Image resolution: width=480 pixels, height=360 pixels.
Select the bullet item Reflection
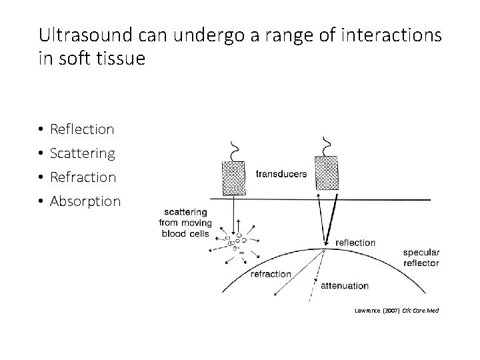coord(82,129)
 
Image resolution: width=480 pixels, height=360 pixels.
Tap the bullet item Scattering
coord(82,153)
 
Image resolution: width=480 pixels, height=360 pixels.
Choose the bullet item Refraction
coord(83,177)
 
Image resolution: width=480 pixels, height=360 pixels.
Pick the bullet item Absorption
coord(85,201)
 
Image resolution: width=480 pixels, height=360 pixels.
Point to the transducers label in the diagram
coord(281,174)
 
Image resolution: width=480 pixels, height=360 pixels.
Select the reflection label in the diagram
coord(355,243)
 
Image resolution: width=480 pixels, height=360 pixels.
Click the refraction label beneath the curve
coord(271,274)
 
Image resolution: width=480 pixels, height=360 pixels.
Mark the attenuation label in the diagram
coord(345,286)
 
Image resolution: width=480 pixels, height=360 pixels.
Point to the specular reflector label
coord(421,258)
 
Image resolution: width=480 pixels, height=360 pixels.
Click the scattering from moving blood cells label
coord(185,223)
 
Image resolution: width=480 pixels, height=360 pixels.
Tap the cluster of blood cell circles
coord(237,242)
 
